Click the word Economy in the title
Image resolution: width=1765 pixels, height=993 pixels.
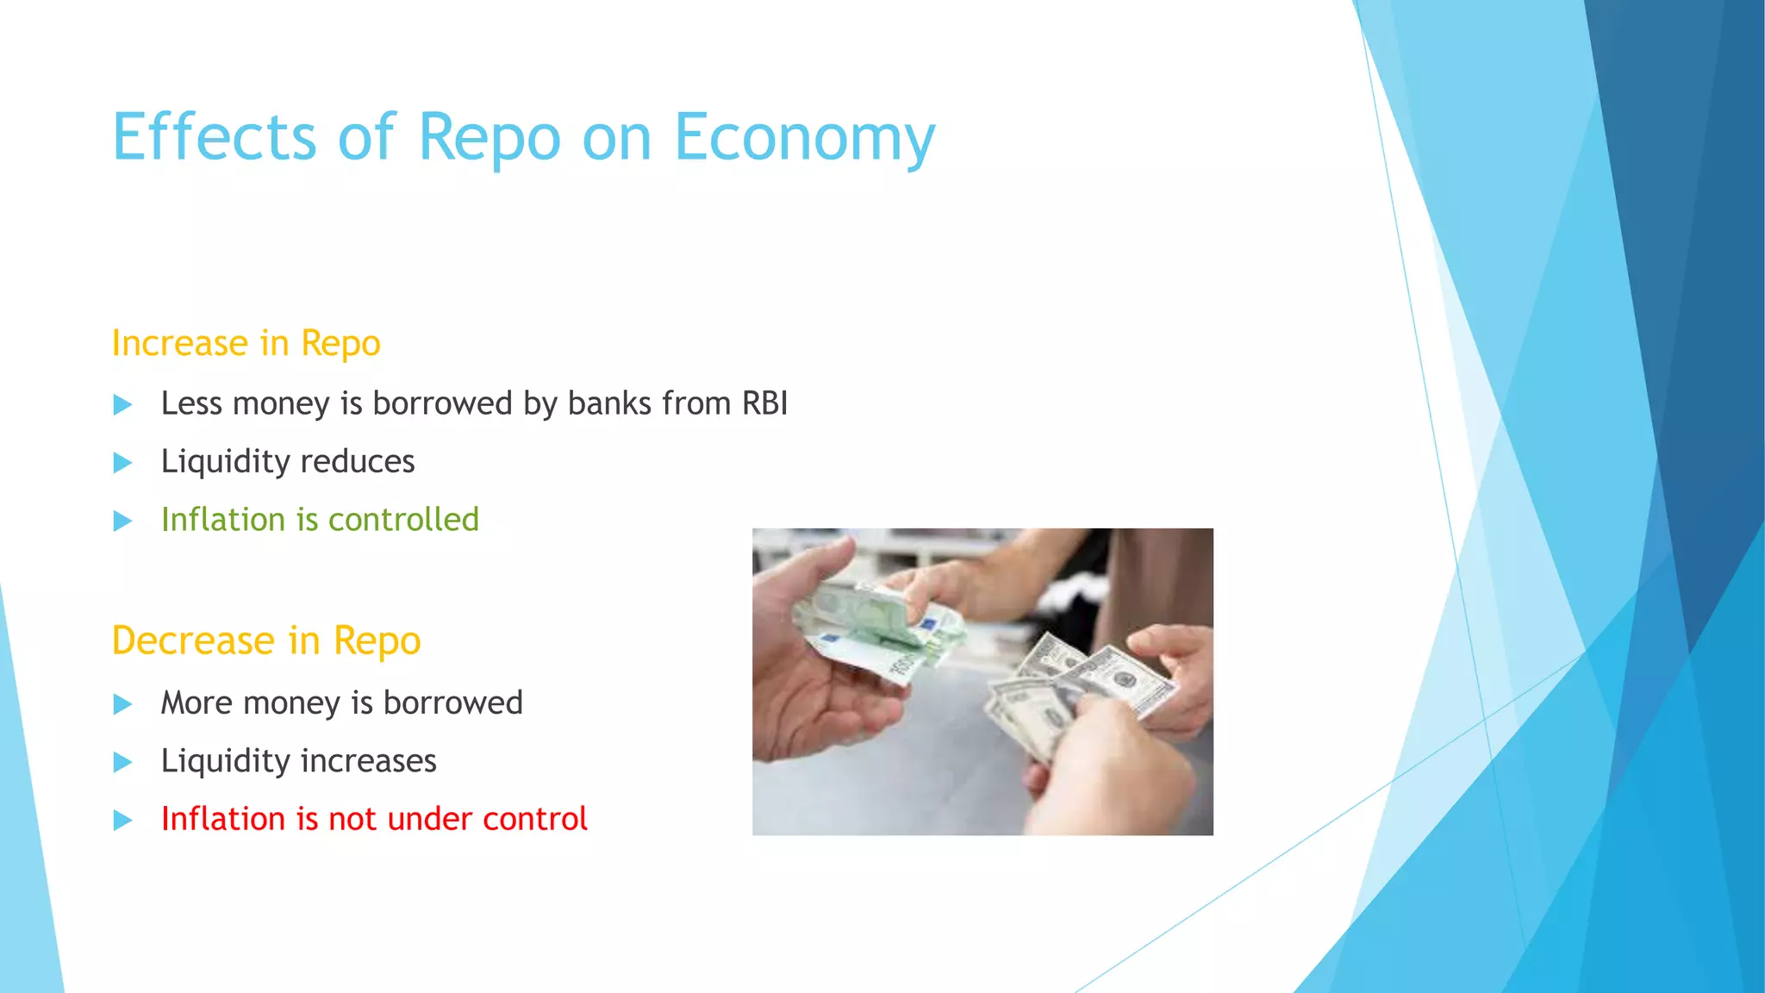click(803, 138)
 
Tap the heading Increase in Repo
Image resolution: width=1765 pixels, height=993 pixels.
click(246, 343)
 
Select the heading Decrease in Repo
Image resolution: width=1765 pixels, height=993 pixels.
click(265, 640)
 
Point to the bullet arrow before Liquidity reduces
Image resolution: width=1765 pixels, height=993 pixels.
click(123, 463)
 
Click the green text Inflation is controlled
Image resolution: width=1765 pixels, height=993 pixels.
click(320, 520)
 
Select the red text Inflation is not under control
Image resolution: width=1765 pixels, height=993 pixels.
click(374, 819)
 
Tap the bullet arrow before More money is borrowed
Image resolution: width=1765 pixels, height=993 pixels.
click(123, 704)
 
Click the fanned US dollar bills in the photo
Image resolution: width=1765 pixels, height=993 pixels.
click(1077, 690)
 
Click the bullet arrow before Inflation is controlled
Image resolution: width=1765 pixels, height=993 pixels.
click(123, 521)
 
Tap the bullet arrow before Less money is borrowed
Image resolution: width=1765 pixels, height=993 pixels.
click(123, 404)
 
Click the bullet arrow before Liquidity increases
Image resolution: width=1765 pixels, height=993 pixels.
click(123, 762)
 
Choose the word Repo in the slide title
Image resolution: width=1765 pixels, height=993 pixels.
click(489, 138)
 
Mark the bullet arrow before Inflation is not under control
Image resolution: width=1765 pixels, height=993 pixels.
click(123, 820)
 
